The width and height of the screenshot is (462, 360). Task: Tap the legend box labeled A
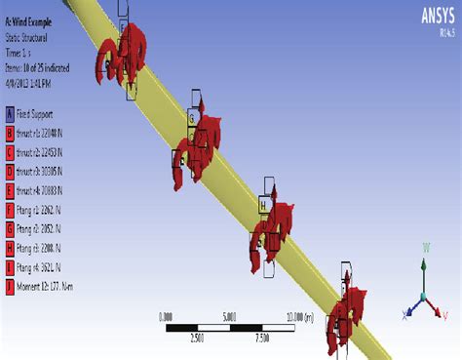click(10, 113)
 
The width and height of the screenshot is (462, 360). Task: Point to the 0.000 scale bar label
click(166, 315)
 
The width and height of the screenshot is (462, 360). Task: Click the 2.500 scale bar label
click(198, 338)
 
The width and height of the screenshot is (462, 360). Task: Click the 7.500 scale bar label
click(262, 338)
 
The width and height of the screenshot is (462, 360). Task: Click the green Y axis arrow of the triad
click(423, 274)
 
